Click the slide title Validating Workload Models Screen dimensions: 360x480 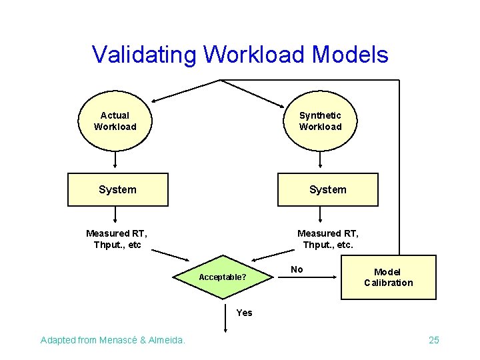pos(240,54)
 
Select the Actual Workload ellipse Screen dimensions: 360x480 pos(115,121)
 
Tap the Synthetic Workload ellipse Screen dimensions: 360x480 pos(320,121)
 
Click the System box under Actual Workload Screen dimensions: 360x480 pos(118,189)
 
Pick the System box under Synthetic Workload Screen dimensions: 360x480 pos(328,189)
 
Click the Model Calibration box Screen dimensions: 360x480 pos(388,277)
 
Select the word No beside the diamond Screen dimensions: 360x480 pos(297,269)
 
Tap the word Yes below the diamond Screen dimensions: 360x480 pos(245,313)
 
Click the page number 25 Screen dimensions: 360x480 pos(434,341)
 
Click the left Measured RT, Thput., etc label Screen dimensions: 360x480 pos(117,239)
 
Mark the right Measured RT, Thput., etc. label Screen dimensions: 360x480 pos(328,239)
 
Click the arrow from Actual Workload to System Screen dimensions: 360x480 pos(115,160)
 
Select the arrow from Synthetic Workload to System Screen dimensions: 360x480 pos(321,160)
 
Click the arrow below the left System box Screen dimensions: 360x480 pos(115,215)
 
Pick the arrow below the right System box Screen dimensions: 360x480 pos(321,215)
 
